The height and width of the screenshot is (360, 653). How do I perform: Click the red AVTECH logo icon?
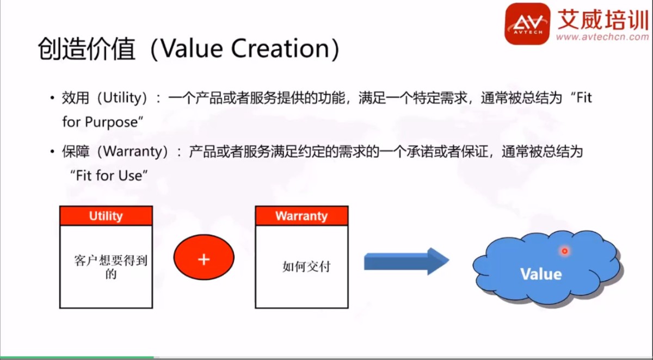(527, 23)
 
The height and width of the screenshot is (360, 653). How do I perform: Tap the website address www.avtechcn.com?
(602, 37)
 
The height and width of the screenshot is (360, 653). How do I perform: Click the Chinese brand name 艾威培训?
(603, 19)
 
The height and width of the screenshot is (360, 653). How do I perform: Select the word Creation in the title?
(280, 48)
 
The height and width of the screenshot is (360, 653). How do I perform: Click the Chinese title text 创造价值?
(87, 48)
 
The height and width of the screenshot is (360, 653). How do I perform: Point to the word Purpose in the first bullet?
(111, 122)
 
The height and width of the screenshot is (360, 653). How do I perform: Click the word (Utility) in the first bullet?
(122, 98)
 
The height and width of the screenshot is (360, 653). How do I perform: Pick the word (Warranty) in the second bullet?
(133, 152)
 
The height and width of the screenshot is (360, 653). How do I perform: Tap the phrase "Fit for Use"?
(109, 176)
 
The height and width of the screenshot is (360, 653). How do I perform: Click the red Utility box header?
(106, 216)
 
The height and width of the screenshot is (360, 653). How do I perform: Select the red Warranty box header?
(301, 216)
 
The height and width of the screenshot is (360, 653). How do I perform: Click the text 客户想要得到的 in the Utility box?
(111, 267)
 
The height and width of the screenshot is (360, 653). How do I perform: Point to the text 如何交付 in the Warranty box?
(306, 266)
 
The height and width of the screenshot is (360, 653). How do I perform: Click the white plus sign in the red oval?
(204, 259)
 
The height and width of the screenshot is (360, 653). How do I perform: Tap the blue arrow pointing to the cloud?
(406, 261)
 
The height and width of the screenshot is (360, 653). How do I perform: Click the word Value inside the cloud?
(541, 274)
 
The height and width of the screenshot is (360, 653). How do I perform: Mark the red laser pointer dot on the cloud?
(565, 251)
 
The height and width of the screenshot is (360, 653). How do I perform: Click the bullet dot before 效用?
(52, 98)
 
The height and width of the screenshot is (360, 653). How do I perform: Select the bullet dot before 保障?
(52, 152)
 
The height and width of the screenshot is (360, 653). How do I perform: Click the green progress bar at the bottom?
(77, 357)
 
